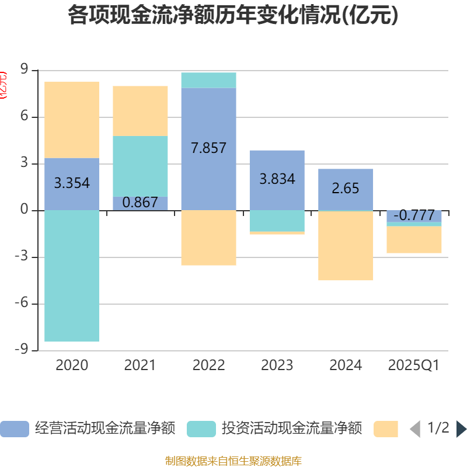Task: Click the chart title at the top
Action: tap(233, 16)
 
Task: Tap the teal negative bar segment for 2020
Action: tap(72, 276)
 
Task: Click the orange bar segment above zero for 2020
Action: tap(72, 120)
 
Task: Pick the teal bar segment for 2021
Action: tap(140, 166)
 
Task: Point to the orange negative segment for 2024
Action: tap(346, 246)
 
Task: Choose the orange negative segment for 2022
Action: tap(208, 238)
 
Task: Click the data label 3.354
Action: tap(72, 183)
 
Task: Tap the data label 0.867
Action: tap(140, 203)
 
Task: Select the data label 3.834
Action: tap(277, 179)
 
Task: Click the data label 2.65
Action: tap(346, 189)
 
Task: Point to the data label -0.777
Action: tap(414, 215)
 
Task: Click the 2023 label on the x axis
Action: tap(277, 365)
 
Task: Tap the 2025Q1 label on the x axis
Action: tap(414, 365)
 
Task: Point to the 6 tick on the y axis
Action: tap(25, 117)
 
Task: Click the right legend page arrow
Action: tap(461, 429)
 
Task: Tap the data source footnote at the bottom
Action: tap(233, 461)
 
